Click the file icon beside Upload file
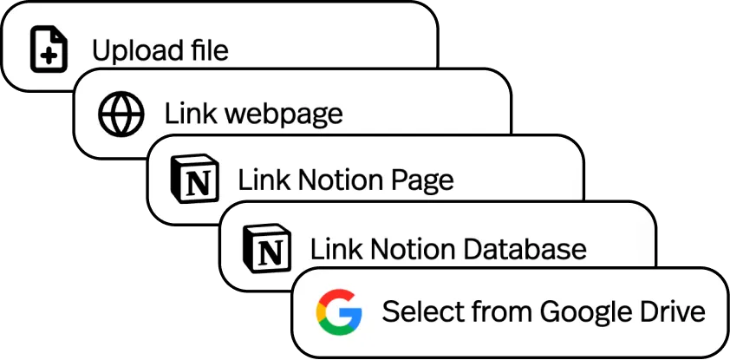[x=49, y=49]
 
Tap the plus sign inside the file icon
[x=49, y=55]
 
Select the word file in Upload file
[x=209, y=49]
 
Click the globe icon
[x=121, y=115]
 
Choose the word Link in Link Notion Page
[x=260, y=180]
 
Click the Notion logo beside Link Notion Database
[x=267, y=248]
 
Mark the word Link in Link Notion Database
[x=333, y=250]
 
